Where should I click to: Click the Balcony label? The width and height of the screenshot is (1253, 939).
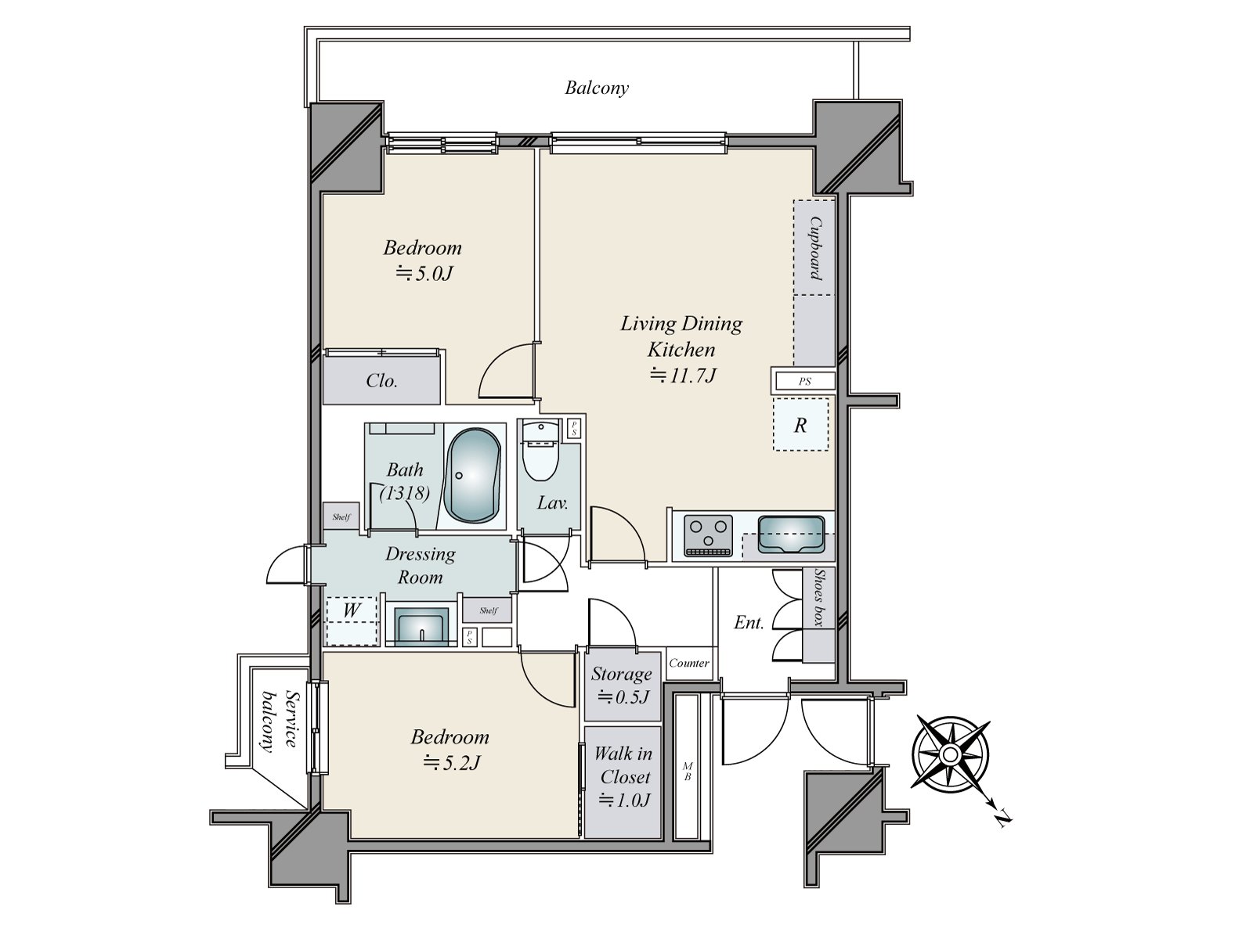coord(597,88)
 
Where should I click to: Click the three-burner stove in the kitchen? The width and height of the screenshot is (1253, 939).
coord(708,535)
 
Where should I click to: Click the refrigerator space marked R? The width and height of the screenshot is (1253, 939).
coord(800,425)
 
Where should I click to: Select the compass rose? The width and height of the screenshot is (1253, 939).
coord(949,754)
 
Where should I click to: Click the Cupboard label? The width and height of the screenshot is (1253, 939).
coord(815,248)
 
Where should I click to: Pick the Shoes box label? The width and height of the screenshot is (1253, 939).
coord(818,597)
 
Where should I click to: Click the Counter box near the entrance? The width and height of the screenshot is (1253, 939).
coord(689,663)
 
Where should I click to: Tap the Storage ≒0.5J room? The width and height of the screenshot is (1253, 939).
coord(622,684)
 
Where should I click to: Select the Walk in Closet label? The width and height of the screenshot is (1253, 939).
coord(623,765)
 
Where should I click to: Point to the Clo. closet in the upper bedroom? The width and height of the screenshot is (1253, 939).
coord(381,381)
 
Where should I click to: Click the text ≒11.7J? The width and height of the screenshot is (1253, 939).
coord(683,376)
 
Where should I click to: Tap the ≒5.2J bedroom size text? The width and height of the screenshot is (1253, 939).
coord(450,762)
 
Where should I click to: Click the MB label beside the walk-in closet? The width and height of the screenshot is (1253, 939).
coord(687,771)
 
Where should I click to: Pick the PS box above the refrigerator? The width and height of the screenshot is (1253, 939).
coord(804,382)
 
